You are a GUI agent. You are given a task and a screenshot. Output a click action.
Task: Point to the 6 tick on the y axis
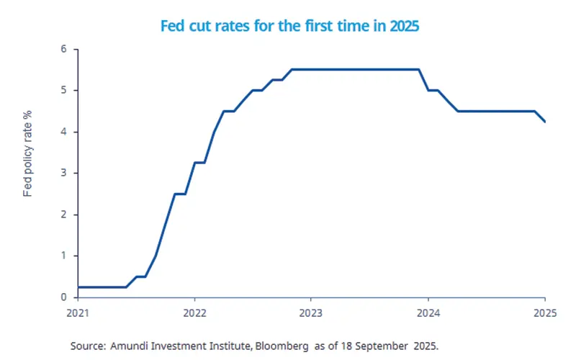pyautogui.click(x=63, y=49)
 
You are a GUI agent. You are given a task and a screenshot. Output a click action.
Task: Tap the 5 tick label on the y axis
pyautogui.click(x=63, y=91)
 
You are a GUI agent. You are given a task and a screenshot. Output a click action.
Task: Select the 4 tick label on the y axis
pyautogui.click(x=63, y=132)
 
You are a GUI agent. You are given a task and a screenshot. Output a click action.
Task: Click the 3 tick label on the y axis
pyautogui.click(x=63, y=174)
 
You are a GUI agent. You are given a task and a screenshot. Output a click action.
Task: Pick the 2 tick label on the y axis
pyautogui.click(x=63, y=215)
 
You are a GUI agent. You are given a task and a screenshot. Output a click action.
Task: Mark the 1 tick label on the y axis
pyautogui.click(x=63, y=256)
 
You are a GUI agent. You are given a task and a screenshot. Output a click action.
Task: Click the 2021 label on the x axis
pyautogui.click(x=78, y=313)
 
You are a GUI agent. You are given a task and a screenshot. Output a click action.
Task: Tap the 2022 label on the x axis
pyautogui.click(x=194, y=313)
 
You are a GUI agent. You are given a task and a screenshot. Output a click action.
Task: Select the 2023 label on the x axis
pyautogui.click(x=311, y=313)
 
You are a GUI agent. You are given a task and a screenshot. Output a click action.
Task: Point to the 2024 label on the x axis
pyautogui.click(x=428, y=313)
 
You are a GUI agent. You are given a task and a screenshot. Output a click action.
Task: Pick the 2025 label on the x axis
pyautogui.click(x=544, y=313)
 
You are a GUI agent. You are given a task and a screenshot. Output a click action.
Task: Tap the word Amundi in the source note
pyautogui.click(x=130, y=346)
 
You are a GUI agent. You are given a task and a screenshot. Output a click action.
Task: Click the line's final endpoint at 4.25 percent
pyautogui.click(x=544, y=122)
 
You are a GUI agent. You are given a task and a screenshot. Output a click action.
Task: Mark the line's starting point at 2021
pyautogui.click(x=78, y=287)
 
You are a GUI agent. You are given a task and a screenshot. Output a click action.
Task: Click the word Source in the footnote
pyautogui.click(x=87, y=346)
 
